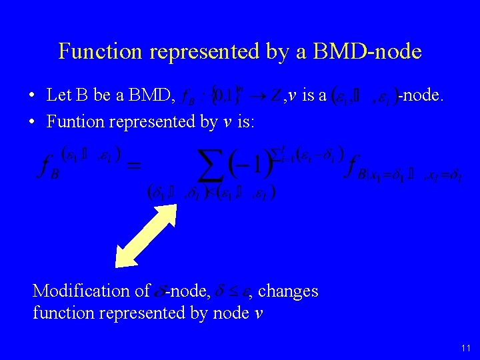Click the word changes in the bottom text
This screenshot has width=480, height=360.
(x=288, y=291)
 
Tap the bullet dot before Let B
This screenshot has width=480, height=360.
(x=33, y=96)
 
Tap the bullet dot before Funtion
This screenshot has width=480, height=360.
(x=33, y=123)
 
